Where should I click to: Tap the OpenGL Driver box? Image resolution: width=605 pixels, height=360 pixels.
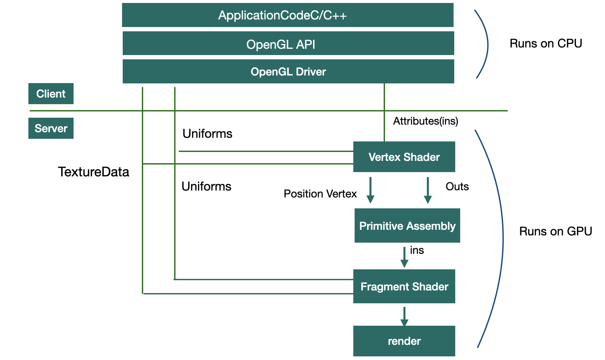[x=288, y=72]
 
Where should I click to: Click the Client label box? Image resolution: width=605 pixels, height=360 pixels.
[x=51, y=94]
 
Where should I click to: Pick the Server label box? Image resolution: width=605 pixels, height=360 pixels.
[x=51, y=128]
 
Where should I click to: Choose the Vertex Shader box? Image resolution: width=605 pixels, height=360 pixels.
[x=404, y=157]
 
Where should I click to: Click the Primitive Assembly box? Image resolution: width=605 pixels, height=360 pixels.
[x=407, y=226]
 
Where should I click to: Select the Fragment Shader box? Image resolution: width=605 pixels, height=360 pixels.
[x=404, y=286]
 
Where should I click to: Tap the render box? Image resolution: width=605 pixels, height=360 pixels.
[x=404, y=341]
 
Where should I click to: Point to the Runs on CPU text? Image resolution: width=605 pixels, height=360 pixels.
[x=546, y=44]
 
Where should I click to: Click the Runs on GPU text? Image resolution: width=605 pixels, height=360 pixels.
[x=556, y=231]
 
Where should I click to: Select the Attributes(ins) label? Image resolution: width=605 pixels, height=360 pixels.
[x=426, y=121]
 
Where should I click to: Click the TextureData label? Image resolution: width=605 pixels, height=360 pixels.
[x=93, y=172]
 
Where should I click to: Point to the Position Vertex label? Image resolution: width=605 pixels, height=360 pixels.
[x=320, y=194]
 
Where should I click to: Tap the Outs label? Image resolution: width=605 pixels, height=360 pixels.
[x=457, y=187]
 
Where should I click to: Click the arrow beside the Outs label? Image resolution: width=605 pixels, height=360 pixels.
[x=428, y=191]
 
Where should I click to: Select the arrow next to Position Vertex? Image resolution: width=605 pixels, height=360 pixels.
[x=370, y=191]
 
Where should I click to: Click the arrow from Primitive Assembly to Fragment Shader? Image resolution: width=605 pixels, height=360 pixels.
[x=404, y=257]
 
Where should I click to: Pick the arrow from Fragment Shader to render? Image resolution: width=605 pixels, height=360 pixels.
[x=404, y=316]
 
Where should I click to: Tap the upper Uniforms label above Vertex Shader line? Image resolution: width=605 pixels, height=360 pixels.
[x=207, y=134]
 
